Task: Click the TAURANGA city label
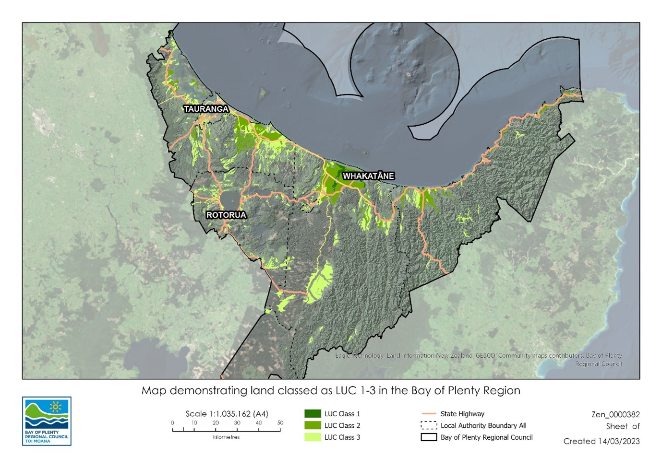(x=206, y=109)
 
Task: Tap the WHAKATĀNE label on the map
(x=368, y=176)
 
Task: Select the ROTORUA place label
(x=226, y=215)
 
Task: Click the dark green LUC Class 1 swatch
(x=313, y=414)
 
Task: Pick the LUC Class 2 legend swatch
(x=313, y=425)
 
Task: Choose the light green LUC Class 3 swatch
(x=313, y=437)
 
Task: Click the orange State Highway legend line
(x=428, y=414)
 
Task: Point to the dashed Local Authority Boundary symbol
(x=428, y=425)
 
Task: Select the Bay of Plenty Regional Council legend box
(x=428, y=437)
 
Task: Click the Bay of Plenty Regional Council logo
(x=47, y=421)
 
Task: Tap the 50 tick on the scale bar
(x=280, y=423)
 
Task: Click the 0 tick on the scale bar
(x=173, y=423)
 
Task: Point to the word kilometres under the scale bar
(x=226, y=437)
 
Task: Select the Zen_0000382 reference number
(x=615, y=414)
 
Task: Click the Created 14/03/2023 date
(x=602, y=441)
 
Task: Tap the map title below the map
(x=331, y=390)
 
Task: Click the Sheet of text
(x=623, y=426)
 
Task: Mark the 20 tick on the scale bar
(x=216, y=423)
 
